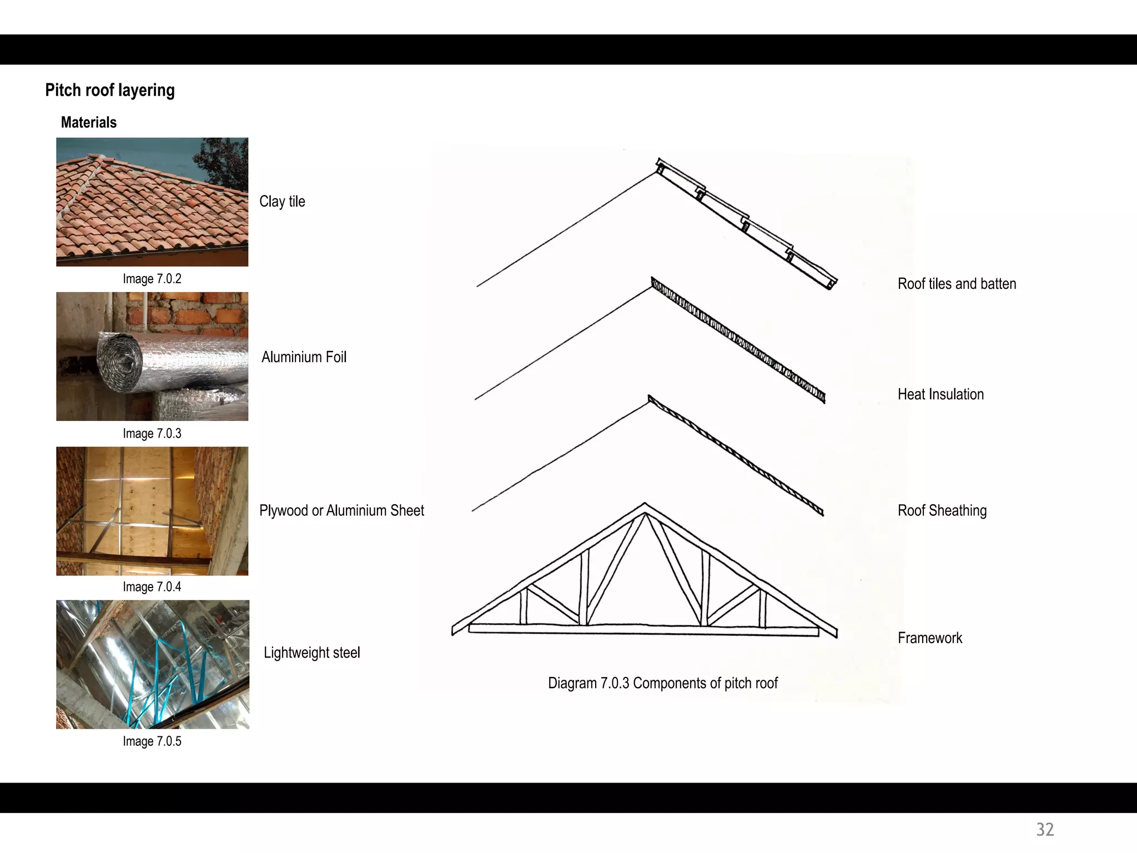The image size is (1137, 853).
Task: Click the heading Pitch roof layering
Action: point(110,90)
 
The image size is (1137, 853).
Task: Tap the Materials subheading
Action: point(89,122)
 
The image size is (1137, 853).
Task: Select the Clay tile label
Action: point(282,202)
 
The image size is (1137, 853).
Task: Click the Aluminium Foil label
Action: point(304,357)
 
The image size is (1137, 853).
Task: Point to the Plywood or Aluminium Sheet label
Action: point(341,510)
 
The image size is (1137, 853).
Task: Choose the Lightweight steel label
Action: point(311,653)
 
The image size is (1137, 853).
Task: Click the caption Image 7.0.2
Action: point(152,279)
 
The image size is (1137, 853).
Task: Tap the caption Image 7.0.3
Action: point(152,433)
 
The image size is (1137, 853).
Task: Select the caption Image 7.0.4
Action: point(152,587)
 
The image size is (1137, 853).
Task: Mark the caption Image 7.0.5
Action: point(152,741)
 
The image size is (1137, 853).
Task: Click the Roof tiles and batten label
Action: point(957,284)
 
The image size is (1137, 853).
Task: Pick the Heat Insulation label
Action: point(940,394)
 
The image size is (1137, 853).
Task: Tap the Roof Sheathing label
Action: point(942,510)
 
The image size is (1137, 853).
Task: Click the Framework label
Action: point(930,638)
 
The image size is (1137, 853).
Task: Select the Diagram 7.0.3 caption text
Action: point(663,683)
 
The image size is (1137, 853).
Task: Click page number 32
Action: point(1045,829)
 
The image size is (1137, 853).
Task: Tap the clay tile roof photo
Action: point(152,202)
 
